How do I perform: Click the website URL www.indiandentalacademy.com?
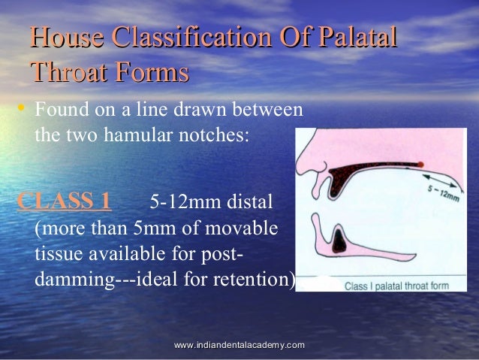[239, 344]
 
